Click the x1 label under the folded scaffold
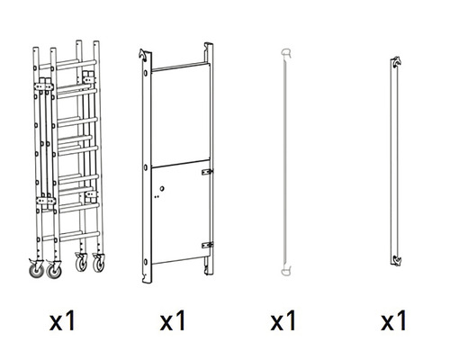(62, 320)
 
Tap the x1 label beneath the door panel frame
(173, 320)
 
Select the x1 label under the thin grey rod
(283, 320)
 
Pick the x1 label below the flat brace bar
(393, 320)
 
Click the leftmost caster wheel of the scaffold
(37, 269)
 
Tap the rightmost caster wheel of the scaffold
(99, 263)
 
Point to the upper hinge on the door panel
(207, 172)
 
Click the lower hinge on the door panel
(207, 245)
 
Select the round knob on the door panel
(162, 189)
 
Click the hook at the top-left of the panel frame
(143, 55)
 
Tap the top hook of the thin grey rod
(286, 53)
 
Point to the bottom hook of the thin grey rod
(286, 271)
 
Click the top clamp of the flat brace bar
(396, 62)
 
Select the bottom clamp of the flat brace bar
(396, 260)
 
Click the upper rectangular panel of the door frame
(180, 115)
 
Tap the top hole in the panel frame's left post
(146, 73)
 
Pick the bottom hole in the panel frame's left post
(146, 262)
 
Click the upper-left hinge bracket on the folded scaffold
(44, 86)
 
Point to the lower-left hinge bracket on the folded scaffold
(46, 201)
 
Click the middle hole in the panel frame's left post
(146, 167)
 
